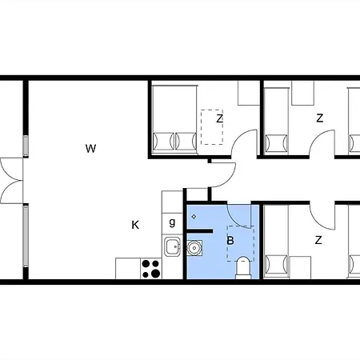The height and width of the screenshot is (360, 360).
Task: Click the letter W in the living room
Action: (91, 148)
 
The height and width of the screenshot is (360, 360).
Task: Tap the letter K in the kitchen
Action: (135, 225)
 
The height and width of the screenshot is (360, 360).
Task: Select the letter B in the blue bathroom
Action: (230, 239)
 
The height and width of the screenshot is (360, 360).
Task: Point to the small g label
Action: (172, 222)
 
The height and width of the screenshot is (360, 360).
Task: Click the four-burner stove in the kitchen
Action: (150, 267)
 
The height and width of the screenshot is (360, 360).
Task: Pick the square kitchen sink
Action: (172, 246)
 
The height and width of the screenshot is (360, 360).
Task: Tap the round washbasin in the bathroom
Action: (194, 247)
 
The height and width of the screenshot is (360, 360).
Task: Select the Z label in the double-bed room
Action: (219, 119)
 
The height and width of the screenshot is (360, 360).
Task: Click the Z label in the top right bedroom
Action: (319, 118)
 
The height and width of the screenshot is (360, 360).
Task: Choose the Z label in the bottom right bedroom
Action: (318, 240)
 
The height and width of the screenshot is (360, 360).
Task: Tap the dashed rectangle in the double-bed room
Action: (212, 126)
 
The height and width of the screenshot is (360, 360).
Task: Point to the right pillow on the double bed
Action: (185, 141)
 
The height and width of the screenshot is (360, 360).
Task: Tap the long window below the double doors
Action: (26, 238)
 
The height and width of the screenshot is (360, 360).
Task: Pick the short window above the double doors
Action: (26, 146)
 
